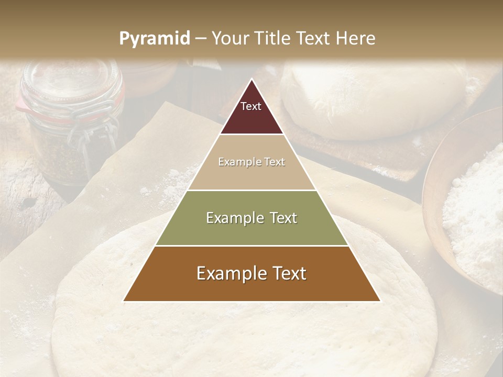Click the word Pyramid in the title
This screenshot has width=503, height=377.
coord(154,39)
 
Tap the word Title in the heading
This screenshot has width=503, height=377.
coord(273,39)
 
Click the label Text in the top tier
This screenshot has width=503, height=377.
coord(251,107)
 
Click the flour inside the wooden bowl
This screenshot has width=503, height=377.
coord(474,209)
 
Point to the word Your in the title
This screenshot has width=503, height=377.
coord(229,39)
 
